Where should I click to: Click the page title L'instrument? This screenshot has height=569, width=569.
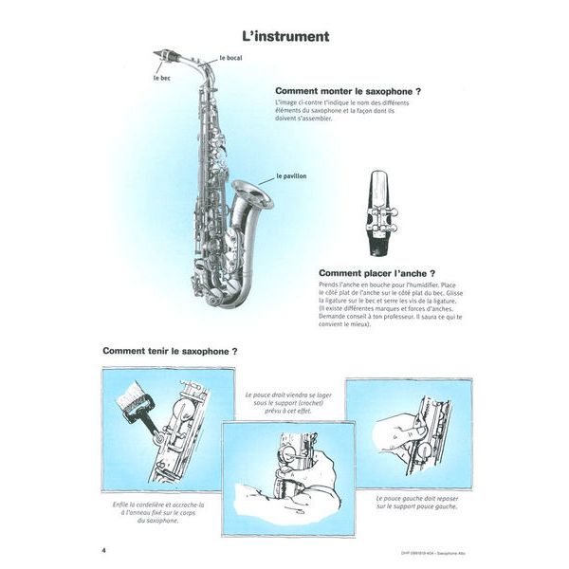tap(284, 37)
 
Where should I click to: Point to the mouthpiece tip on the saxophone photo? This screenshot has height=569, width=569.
tap(158, 55)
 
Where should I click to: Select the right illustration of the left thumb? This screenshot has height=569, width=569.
tap(407, 423)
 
